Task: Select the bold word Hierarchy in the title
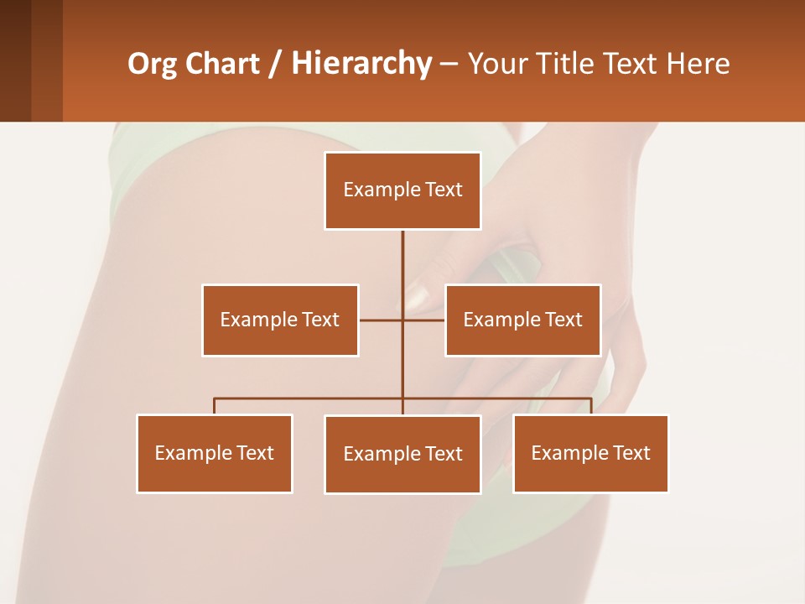(x=361, y=64)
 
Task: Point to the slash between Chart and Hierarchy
(x=275, y=64)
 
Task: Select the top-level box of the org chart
(x=402, y=190)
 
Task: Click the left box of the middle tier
(x=280, y=320)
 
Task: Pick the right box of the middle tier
(x=522, y=320)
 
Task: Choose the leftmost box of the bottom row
(x=215, y=454)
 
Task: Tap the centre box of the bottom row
(x=402, y=455)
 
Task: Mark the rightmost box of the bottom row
(x=590, y=454)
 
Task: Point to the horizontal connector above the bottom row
(x=310, y=398)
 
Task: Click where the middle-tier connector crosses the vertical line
(x=402, y=320)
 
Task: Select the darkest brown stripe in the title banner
(x=15, y=60)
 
